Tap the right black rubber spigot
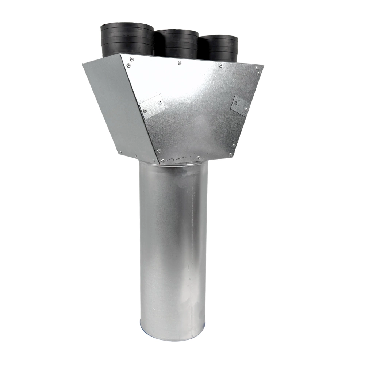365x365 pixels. point(219,47)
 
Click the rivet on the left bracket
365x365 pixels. point(145,110)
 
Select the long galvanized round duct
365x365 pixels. point(172,252)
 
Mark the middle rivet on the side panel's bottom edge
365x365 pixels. point(136,156)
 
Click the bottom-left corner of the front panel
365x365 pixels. point(159,161)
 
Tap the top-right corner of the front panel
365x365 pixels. point(262,67)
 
